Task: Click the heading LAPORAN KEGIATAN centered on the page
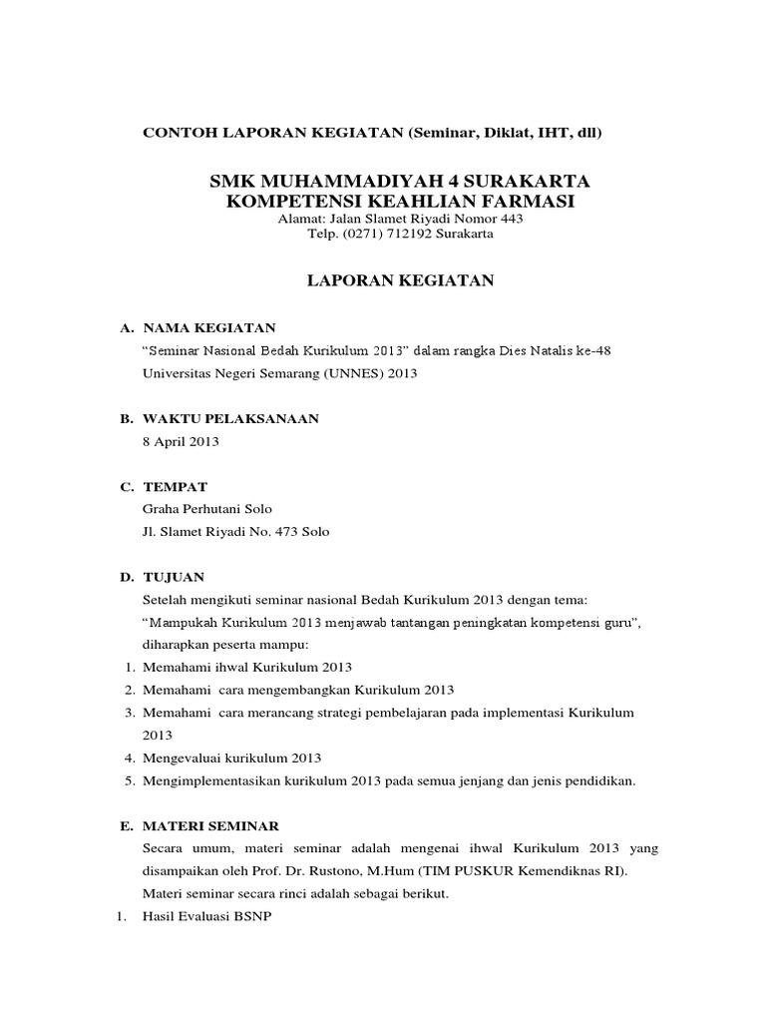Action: [399, 281]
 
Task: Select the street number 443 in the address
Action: [510, 219]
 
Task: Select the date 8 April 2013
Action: [182, 441]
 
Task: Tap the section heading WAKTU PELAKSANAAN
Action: [230, 419]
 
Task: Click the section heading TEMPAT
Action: [176, 487]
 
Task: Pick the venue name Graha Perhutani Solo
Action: [207, 509]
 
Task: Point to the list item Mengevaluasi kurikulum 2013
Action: [231, 758]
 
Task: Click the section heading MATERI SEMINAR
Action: [210, 826]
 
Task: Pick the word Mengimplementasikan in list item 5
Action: [207, 780]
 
